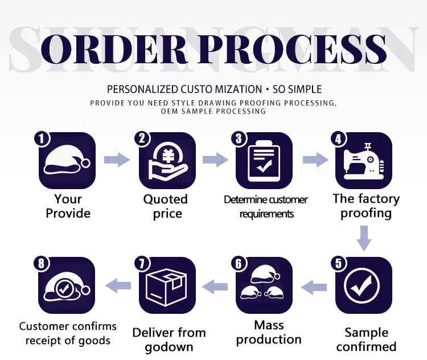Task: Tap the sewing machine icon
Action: (x=364, y=161)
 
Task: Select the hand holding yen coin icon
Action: (x=167, y=161)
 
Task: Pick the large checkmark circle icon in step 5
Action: (x=364, y=285)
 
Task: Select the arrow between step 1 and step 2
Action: (x=117, y=159)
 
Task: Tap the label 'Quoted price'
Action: (x=166, y=206)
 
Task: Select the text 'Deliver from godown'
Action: (x=169, y=339)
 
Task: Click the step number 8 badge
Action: (x=42, y=263)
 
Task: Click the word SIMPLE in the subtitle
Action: (x=305, y=89)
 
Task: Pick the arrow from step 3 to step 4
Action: (x=315, y=159)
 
